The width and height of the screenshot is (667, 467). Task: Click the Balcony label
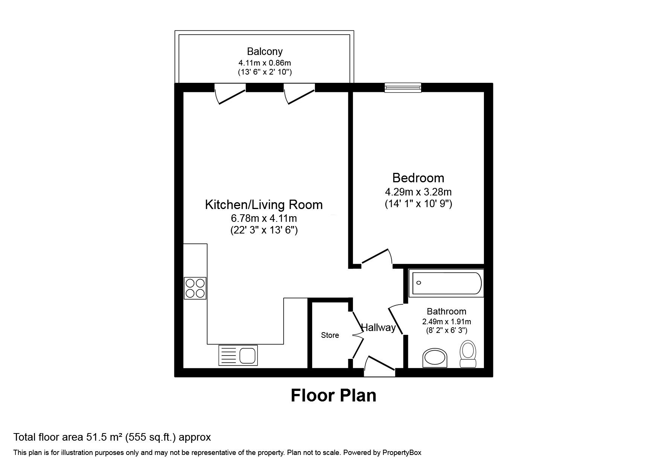tap(265, 51)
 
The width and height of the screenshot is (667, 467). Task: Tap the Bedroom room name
tap(418, 178)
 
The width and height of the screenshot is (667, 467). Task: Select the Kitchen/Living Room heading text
tap(264, 205)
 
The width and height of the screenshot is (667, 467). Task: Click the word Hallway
tap(379, 328)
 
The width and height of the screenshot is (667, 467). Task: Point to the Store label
tap(330, 335)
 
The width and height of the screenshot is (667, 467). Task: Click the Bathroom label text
tap(446, 311)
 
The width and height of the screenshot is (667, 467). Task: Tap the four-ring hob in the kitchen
tap(195, 288)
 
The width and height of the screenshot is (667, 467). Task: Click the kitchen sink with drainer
tap(238, 355)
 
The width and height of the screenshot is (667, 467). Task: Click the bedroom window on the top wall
tap(403, 88)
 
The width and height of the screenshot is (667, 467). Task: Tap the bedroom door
tap(377, 257)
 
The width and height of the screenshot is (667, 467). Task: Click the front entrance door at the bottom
tap(380, 365)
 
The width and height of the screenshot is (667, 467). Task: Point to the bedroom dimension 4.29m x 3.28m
tap(418, 192)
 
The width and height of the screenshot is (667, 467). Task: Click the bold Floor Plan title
tap(333, 395)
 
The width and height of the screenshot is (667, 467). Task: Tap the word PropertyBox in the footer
tap(402, 453)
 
